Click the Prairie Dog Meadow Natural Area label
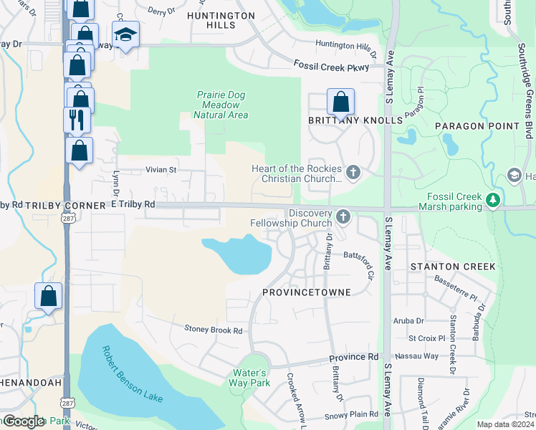point(221,105)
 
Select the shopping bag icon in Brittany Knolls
point(340,101)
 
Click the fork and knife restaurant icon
point(77,118)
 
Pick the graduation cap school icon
point(125,34)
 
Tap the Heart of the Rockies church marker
point(352,172)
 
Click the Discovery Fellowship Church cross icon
point(343,216)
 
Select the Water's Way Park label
point(250,378)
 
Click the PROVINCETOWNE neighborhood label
point(306,293)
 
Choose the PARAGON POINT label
point(477,126)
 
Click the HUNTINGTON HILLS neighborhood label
point(220,20)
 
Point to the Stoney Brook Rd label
point(214,330)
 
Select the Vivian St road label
point(162,171)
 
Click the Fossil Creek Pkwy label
point(331,66)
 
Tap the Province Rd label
point(353,357)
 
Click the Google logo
point(24,421)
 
